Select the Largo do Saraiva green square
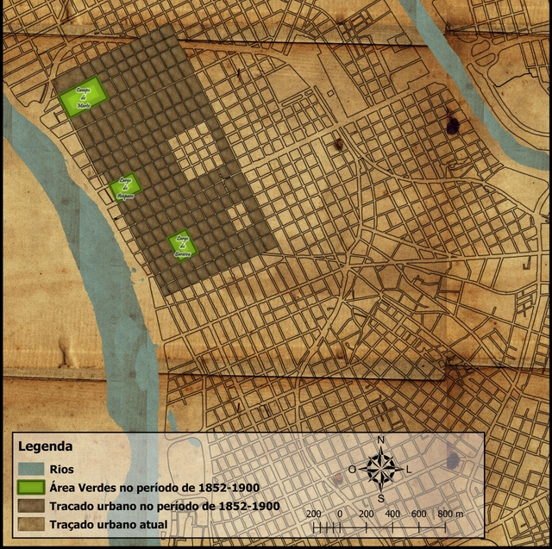click(x=182, y=246)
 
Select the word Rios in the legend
click(x=62, y=470)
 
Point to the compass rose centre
click(x=381, y=468)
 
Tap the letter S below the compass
click(x=380, y=498)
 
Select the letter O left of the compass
click(x=352, y=469)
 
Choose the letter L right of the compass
click(x=409, y=469)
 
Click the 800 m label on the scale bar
click(x=449, y=514)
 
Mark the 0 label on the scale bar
click(x=340, y=514)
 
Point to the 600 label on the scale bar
click(x=419, y=514)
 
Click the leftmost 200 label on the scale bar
click(x=314, y=514)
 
